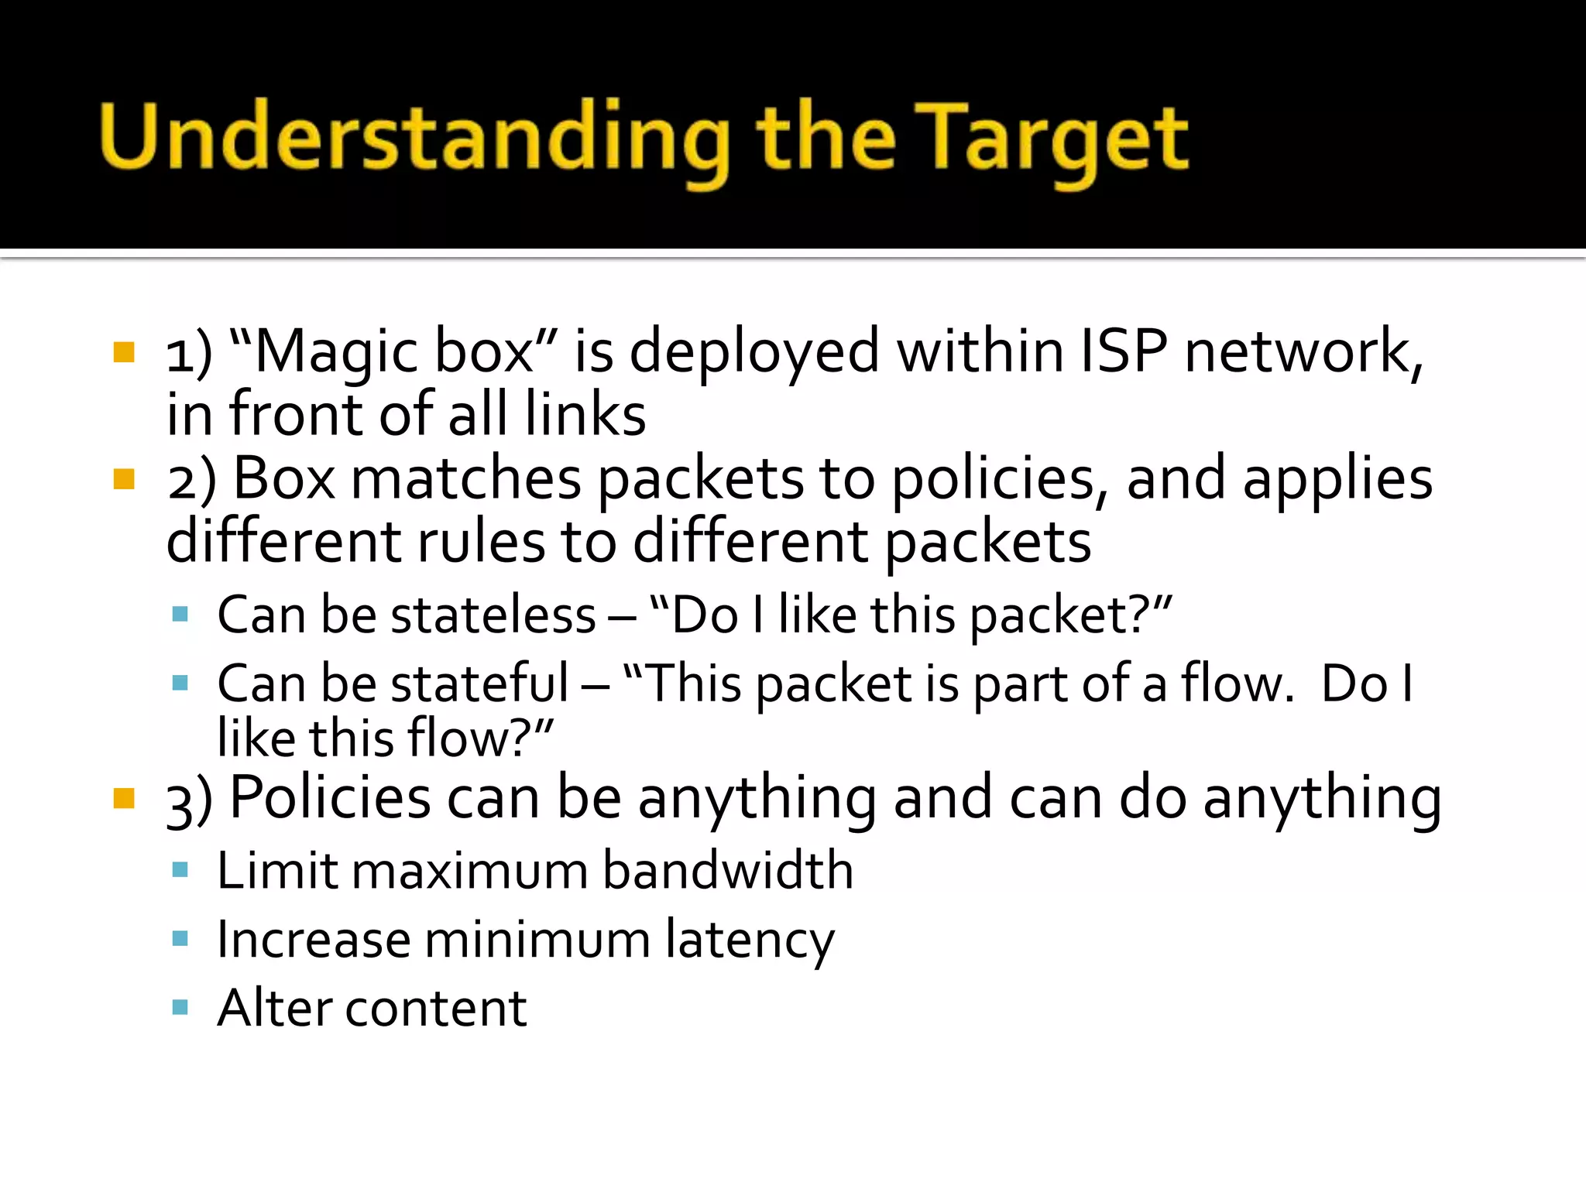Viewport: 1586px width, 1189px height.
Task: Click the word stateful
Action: coord(479,684)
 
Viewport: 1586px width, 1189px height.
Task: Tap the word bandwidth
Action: coord(728,871)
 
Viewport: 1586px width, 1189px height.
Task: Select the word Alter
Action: coord(274,1009)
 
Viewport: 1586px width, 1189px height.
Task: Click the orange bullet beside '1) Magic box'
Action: coord(124,353)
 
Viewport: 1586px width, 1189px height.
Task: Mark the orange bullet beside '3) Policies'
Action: coord(124,798)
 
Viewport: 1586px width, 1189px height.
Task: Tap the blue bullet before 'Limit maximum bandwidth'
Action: coord(180,870)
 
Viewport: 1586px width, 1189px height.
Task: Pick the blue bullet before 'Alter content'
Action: coord(180,1008)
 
